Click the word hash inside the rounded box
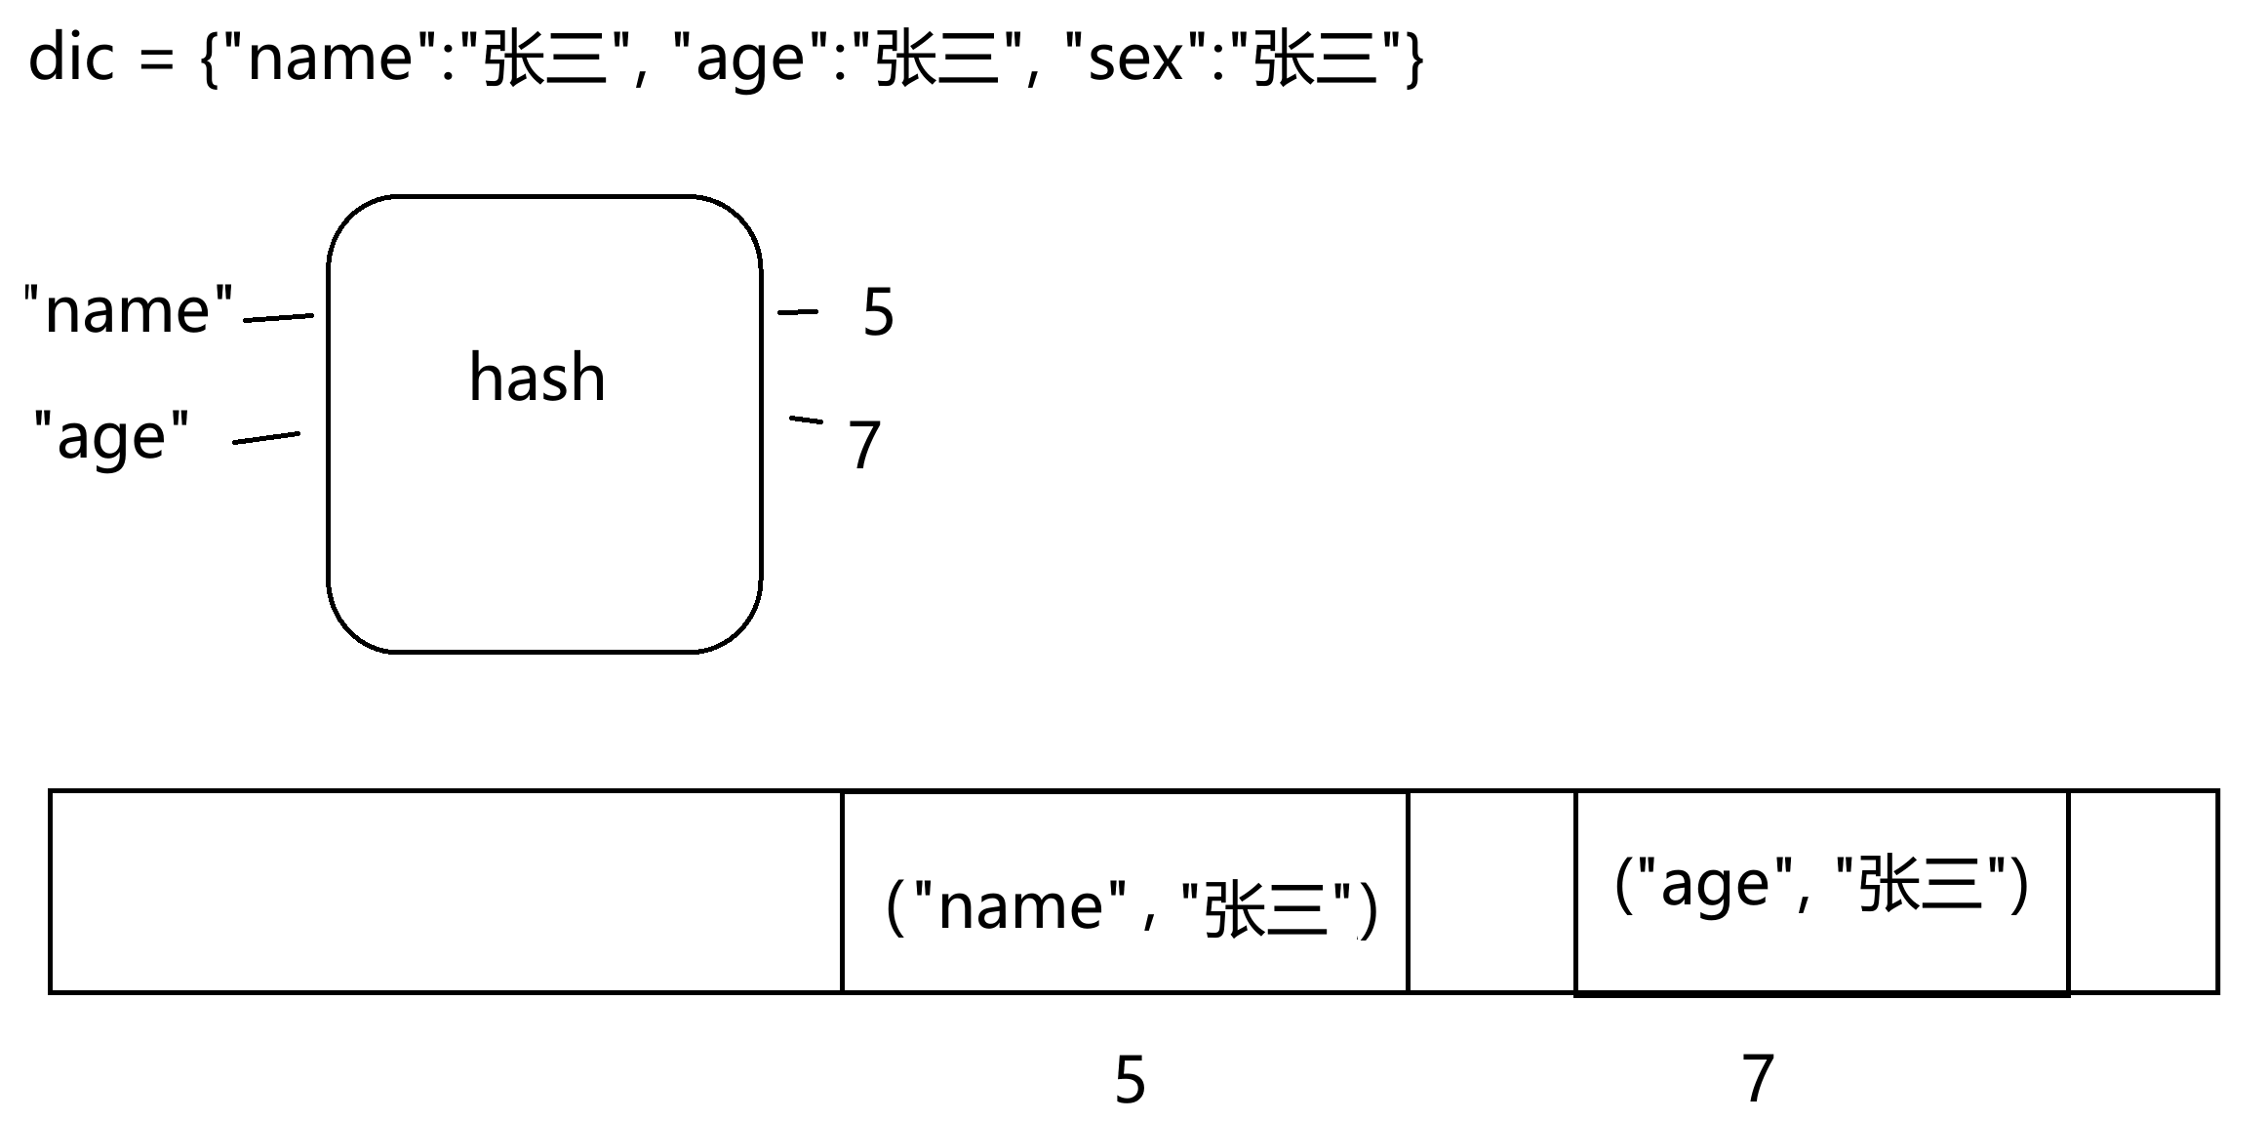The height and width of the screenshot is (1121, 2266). pos(537,379)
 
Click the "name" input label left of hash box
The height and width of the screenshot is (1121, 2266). pos(129,310)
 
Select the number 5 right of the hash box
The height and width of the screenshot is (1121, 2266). pos(878,313)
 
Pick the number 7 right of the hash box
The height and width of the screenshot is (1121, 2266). pos(864,445)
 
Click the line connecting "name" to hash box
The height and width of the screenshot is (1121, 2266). pos(278,317)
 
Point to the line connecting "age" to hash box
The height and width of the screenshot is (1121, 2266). pos(265,438)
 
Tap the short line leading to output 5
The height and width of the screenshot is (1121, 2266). pos(798,312)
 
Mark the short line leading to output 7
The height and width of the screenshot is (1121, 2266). pos(806,420)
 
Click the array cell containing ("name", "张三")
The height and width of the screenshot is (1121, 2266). pos(1125,892)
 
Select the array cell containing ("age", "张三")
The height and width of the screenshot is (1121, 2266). pos(1821,892)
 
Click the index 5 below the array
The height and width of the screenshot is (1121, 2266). pos(1130,1080)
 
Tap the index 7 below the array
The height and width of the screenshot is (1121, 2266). pos(1757,1078)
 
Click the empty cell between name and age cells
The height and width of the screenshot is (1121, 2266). pos(1491,892)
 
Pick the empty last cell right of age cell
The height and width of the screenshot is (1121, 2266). pos(2143,892)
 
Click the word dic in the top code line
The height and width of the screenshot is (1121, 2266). pos(72,58)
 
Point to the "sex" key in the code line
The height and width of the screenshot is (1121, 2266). pos(1134,60)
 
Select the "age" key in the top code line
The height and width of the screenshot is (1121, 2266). pos(749,60)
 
